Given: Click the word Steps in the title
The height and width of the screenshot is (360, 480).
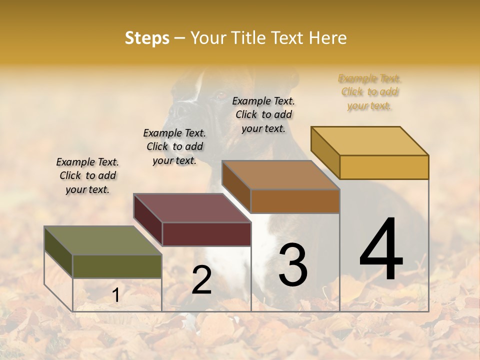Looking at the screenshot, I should tap(147, 38).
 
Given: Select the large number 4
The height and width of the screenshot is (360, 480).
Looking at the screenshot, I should tap(381, 250).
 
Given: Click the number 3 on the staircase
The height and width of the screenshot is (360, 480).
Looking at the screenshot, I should tap(293, 265).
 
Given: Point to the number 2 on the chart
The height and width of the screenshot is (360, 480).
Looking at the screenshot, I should tap(201, 280).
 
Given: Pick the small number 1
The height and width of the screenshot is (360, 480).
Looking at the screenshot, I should tap(116, 295).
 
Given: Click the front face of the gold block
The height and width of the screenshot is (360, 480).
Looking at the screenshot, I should tap(384, 167).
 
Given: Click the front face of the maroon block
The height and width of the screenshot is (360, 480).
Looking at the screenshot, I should tap(206, 234).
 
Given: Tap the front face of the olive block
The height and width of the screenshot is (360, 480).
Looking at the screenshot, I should tap(117, 266).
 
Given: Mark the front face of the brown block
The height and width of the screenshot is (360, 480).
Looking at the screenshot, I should tap(295, 201).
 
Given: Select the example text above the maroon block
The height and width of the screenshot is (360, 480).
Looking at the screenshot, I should tap(174, 147).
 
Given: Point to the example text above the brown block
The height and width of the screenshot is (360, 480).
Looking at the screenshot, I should tap(263, 114).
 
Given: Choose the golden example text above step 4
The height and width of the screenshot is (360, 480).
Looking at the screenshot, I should tap(370, 92).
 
